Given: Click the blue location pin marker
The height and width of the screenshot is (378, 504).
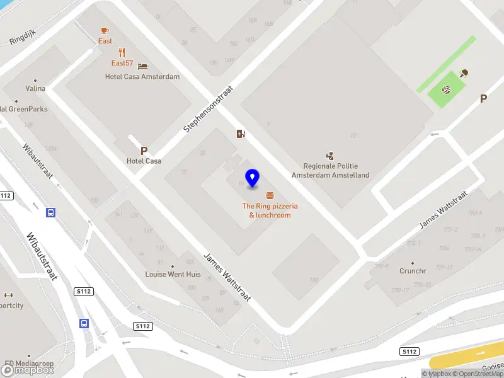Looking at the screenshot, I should (x=252, y=178).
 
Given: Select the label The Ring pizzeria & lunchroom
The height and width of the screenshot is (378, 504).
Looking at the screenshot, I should (x=270, y=210).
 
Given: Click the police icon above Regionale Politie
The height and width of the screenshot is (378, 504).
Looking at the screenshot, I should (x=329, y=155).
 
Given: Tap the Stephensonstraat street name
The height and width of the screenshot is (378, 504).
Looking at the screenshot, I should (x=208, y=109).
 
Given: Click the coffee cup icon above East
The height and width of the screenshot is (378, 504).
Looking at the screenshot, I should (x=105, y=30).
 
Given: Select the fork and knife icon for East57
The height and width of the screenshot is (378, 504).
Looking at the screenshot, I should (x=122, y=53).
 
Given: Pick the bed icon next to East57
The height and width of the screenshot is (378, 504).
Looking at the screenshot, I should (x=143, y=66).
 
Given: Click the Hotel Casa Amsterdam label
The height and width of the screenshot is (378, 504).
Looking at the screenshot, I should (x=142, y=77).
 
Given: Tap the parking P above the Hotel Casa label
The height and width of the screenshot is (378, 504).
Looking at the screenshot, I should (x=144, y=151).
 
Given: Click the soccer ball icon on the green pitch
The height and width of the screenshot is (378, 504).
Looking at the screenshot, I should (x=446, y=91).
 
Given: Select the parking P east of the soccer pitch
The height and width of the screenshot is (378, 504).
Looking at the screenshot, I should (x=483, y=98).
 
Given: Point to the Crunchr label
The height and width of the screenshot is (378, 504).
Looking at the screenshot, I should (x=413, y=271).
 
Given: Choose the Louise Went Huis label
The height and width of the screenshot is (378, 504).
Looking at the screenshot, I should (x=173, y=275).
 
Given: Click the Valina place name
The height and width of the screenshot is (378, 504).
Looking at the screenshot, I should (x=35, y=88).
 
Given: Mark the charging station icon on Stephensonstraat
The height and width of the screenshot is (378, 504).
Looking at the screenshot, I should (x=240, y=134).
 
